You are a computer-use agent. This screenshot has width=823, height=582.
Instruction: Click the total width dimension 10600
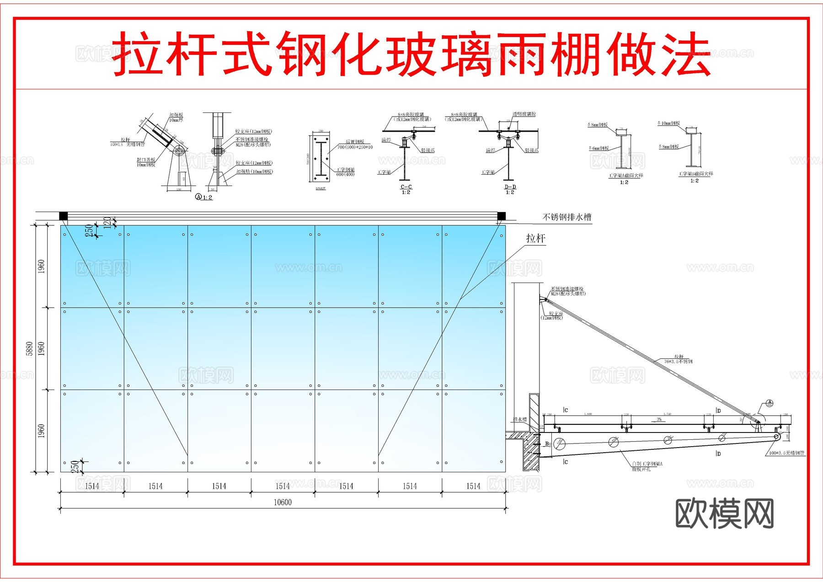[x=283, y=502]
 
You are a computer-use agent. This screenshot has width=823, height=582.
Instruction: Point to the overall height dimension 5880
[x=30, y=348]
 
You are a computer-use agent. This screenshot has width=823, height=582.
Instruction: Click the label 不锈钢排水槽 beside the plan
[x=567, y=217]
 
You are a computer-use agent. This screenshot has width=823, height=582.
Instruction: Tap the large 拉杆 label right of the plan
[x=535, y=238]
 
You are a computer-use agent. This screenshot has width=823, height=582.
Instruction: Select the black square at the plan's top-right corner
[x=501, y=216]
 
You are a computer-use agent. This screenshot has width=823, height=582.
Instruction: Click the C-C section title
[x=406, y=187]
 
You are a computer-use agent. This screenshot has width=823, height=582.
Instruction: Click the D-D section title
[x=510, y=187]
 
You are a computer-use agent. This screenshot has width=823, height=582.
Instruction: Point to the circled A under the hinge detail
[x=198, y=197]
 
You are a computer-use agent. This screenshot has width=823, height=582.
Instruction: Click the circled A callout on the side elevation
[x=770, y=403]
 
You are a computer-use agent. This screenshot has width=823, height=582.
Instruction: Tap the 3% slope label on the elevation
[x=659, y=419]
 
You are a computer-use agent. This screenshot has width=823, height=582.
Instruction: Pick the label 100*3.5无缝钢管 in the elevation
[x=786, y=453]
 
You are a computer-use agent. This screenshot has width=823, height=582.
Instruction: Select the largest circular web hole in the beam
[x=560, y=443]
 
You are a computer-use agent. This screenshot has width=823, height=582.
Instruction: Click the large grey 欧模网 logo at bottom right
[x=724, y=514]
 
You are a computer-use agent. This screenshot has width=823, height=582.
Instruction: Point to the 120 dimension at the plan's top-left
[x=107, y=222]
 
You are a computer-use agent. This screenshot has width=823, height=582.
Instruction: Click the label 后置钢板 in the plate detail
[x=355, y=142]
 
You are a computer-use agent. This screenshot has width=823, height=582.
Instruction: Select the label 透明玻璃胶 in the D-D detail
[x=524, y=114]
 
